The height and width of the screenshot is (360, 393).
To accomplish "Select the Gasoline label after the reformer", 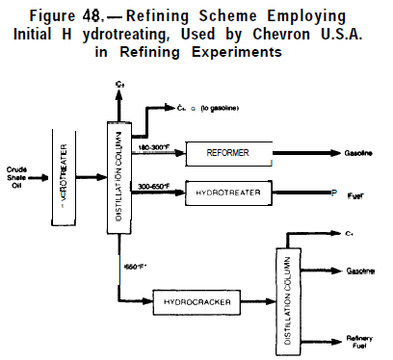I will click(x=351, y=153).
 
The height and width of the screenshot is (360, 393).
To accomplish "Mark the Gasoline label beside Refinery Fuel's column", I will click(x=352, y=273).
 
